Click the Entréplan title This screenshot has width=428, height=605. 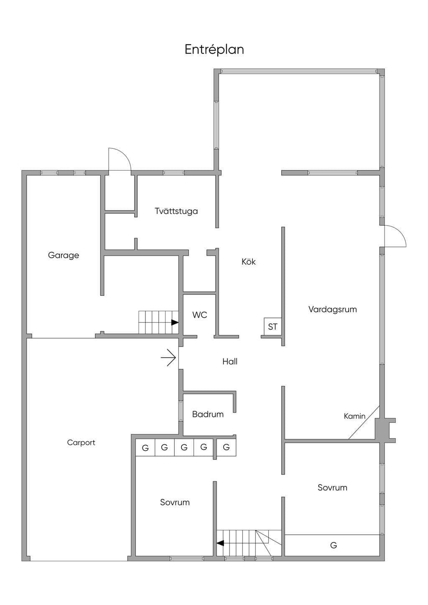pyautogui.click(x=214, y=50)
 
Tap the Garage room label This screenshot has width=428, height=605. pyautogui.click(x=64, y=255)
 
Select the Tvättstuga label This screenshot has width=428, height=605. pyautogui.click(x=176, y=211)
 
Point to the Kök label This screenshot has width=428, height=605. pyautogui.click(x=249, y=262)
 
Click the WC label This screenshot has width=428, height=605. pyautogui.click(x=200, y=315)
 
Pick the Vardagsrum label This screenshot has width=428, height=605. pyautogui.click(x=333, y=309)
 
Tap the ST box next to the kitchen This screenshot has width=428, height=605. pyautogui.click(x=273, y=327)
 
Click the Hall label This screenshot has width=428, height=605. pyautogui.click(x=230, y=361)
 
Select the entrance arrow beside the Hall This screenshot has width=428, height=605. pyautogui.click(x=168, y=358)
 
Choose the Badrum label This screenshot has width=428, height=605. pyautogui.click(x=208, y=414)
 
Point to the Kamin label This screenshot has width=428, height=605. pyautogui.click(x=354, y=416)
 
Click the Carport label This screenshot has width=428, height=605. pyautogui.click(x=81, y=442)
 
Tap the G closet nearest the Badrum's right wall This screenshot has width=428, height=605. pyautogui.click(x=227, y=447)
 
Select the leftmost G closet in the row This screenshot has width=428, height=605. pyautogui.click(x=145, y=447)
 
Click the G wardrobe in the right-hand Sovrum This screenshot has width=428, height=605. pyautogui.click(x=334, y=545)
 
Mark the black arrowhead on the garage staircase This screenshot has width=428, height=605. pyautogui.click(x=175, y=323)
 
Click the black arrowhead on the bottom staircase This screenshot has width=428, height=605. pyautogui.click(x=220, y=543)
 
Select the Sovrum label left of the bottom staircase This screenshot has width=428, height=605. pyautogui.click(x=175, y=502)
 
